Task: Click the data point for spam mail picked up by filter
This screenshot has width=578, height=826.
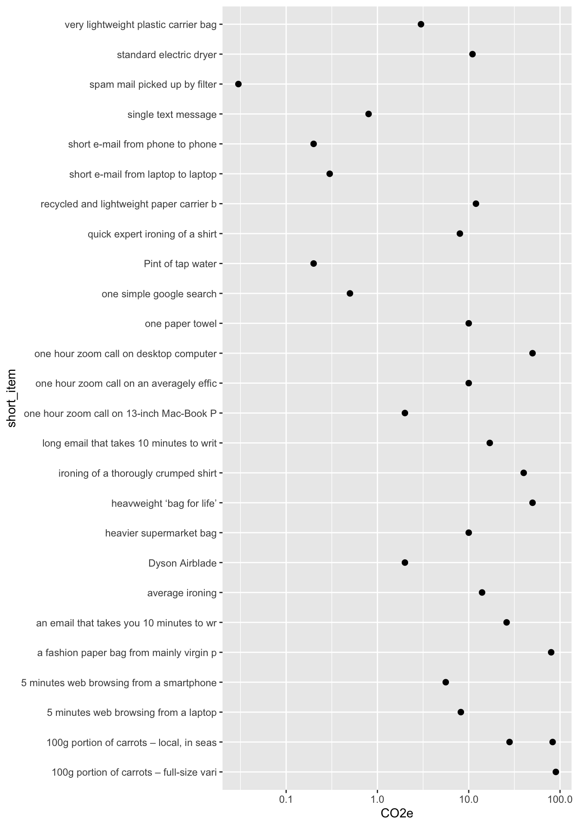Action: (238, 84)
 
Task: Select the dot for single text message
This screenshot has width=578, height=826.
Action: (369, 114)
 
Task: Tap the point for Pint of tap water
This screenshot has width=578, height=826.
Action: (314, 263)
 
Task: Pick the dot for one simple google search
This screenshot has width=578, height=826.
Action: (350, 293)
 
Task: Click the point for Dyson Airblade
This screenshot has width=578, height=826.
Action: (405, 563)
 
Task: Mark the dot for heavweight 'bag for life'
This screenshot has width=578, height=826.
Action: (532, 503)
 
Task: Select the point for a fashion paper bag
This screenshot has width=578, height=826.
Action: (551, 652)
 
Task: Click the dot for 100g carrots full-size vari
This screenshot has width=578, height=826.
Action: (556, 772)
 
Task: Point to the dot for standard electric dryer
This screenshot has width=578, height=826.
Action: (472, 54)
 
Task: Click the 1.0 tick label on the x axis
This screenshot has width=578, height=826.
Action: (377, 800)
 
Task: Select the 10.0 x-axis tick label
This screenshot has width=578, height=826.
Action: (469, 800)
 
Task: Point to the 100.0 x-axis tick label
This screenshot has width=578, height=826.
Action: (560, 800)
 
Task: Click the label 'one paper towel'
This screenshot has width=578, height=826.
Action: (181, 324)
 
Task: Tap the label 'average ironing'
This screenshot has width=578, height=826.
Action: (181, 593)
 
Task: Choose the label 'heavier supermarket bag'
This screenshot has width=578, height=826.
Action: (161, 533)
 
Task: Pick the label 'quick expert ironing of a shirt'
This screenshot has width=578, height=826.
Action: (152, 234)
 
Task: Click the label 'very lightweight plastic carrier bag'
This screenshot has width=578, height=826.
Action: (141, 25)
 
